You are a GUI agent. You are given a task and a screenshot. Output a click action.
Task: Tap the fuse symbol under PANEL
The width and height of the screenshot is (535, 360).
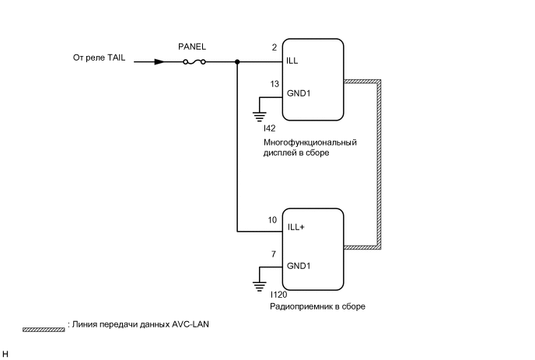click(x=194, y=61)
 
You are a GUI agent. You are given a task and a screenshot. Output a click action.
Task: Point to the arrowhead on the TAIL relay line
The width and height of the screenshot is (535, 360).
click(x=159, y=61)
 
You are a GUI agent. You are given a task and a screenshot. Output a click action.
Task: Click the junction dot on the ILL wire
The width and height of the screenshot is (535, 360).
click(x=236, y=61)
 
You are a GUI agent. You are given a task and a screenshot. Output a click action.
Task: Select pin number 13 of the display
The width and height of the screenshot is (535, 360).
click(x=274, y=84)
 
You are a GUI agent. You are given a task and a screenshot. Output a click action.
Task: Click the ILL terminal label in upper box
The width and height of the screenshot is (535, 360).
click(x=292, y=60)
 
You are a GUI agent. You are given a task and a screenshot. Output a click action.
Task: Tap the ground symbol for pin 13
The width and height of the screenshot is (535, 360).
click(x=259, y=115)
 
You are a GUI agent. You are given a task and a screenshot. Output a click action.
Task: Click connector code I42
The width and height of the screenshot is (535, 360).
click(x=269, y=128)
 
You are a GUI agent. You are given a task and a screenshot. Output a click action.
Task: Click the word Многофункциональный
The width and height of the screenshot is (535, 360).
click(x=309, y=142)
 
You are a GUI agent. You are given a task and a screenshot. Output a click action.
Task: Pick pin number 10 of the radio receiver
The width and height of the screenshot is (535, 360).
click(x=272, y=220)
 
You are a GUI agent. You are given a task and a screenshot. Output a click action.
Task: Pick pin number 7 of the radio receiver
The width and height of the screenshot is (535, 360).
click(x=274, y=253)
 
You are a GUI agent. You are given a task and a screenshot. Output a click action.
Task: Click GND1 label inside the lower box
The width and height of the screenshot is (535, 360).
click(x=299, y=266)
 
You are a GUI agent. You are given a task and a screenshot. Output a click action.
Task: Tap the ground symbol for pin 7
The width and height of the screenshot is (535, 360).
click(x=259, y=285)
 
